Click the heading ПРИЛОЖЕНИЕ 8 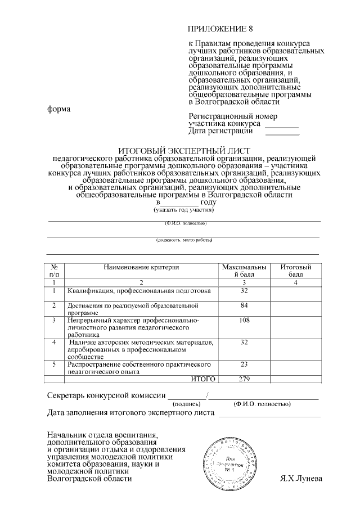(220, 29)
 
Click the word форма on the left (58, 109)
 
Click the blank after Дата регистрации (282, 133)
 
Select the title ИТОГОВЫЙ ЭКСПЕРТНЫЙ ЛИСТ (183, 151)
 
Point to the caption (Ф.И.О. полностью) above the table (186, 223)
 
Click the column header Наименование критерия (141, 267)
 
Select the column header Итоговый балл (296, 271)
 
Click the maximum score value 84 (244, 305)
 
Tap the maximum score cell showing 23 (244, 364)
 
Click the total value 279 (244, 379)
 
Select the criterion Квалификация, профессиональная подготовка (139, 291)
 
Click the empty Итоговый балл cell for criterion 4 (296, 349)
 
